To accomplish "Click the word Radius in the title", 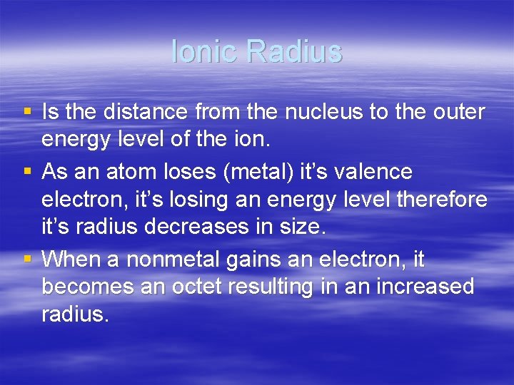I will (294, 51).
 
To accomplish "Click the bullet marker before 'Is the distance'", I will (27, 112).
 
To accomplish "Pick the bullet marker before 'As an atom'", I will (27, 172).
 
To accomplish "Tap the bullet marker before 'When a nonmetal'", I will (27, 259).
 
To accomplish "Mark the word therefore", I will (442, 201).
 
